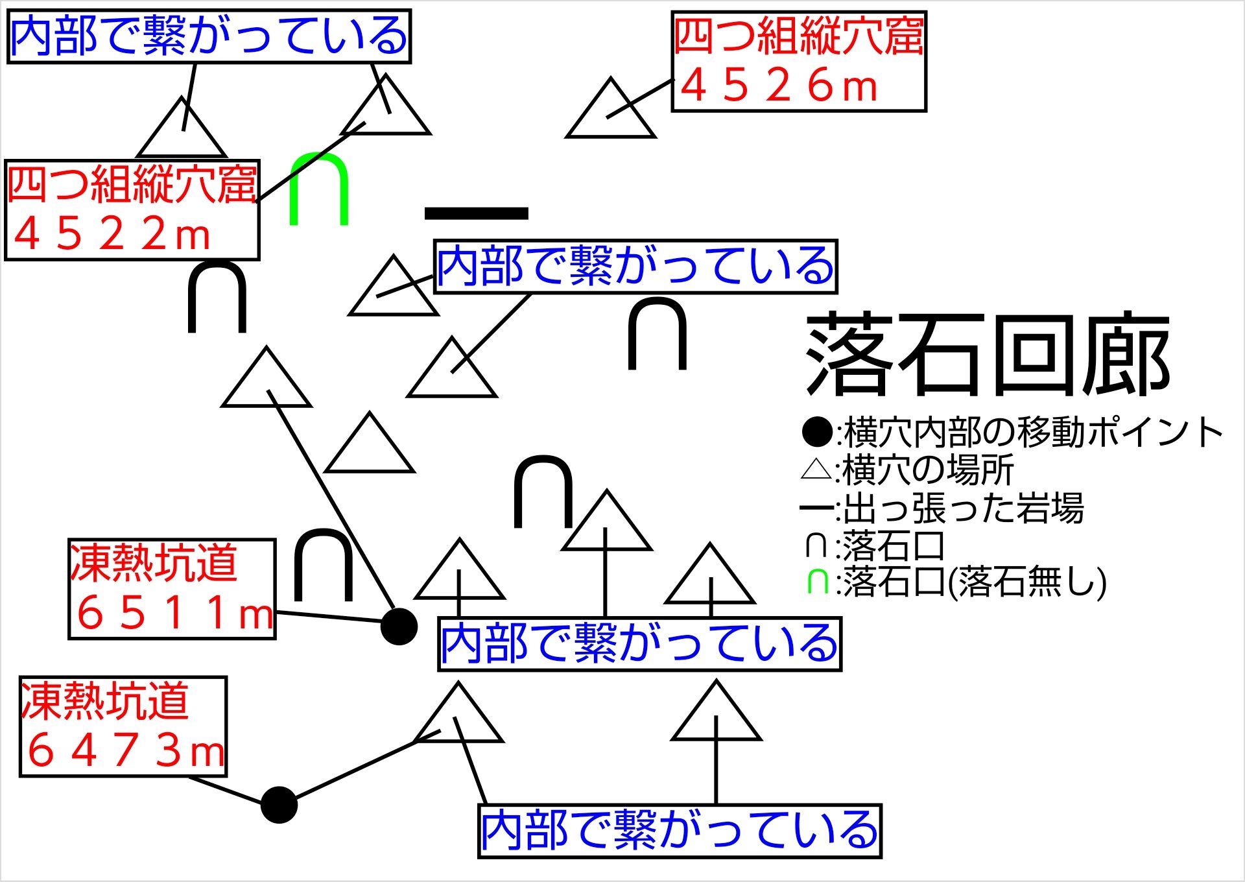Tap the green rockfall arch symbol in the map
pos(318,188)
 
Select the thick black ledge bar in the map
pos(476,213)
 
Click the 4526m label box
pos(798,62)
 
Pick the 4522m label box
pos(132,210)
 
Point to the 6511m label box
pos(172,589)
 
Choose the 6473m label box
pos(123,726)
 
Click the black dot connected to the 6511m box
pos(398,626)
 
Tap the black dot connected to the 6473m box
pos(279,805)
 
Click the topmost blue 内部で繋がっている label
pos(209,36)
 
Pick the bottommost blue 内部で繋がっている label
pos(680,831)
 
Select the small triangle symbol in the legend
pos(816,469)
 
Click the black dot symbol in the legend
pos(817,431)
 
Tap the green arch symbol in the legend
pos(817,581)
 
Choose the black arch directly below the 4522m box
pos(217,297)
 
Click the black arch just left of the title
pos(657,334)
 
